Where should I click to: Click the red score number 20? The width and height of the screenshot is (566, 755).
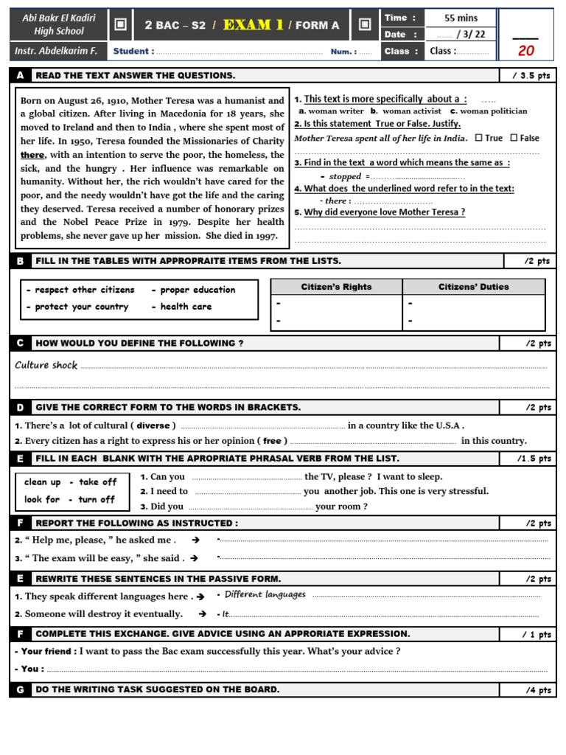(x=526, y=50)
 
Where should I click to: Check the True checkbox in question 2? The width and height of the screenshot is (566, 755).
(x=479, y=138)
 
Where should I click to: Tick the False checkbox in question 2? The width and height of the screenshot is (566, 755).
(x=514, y=138)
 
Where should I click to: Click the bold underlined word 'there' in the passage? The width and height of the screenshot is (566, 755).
(x=32, y=155)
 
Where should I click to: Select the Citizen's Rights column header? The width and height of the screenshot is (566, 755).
(x=336, y=287)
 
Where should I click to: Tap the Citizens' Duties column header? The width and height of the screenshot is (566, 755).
(x=474, y=287)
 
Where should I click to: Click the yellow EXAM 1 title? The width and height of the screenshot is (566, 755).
(x=254, y=25)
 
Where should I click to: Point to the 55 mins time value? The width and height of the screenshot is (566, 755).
(x=461, y=18)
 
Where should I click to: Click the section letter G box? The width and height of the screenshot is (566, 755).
(x=20, y=689)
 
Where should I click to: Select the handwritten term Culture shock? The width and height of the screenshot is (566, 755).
(x=46, y=365)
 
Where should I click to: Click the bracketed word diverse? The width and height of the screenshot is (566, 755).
(x=153, y=425)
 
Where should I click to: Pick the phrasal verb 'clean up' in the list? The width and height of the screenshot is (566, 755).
(x=42, y=482)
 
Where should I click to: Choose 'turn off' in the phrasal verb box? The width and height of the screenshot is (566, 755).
(x=97, y=499)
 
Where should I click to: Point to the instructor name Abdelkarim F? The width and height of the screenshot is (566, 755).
(x=58, y=50)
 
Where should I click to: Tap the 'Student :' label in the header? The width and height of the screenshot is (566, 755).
(x=133, y=51)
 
